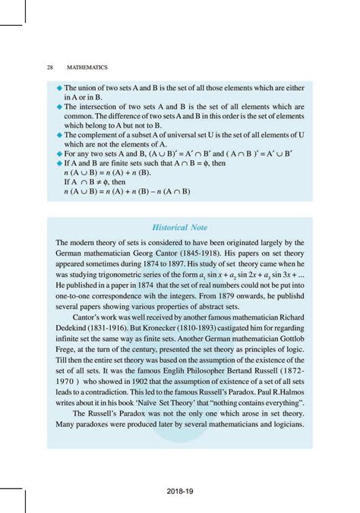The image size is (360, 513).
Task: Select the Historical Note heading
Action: (x=180, y=227)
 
